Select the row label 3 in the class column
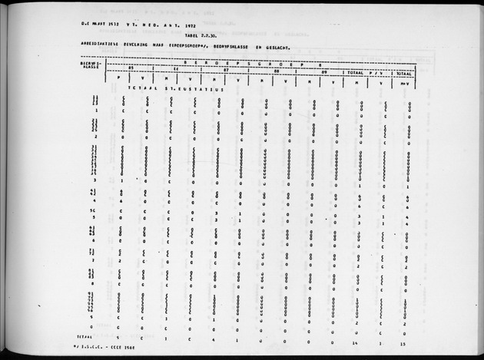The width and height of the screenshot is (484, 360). (93, 180)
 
